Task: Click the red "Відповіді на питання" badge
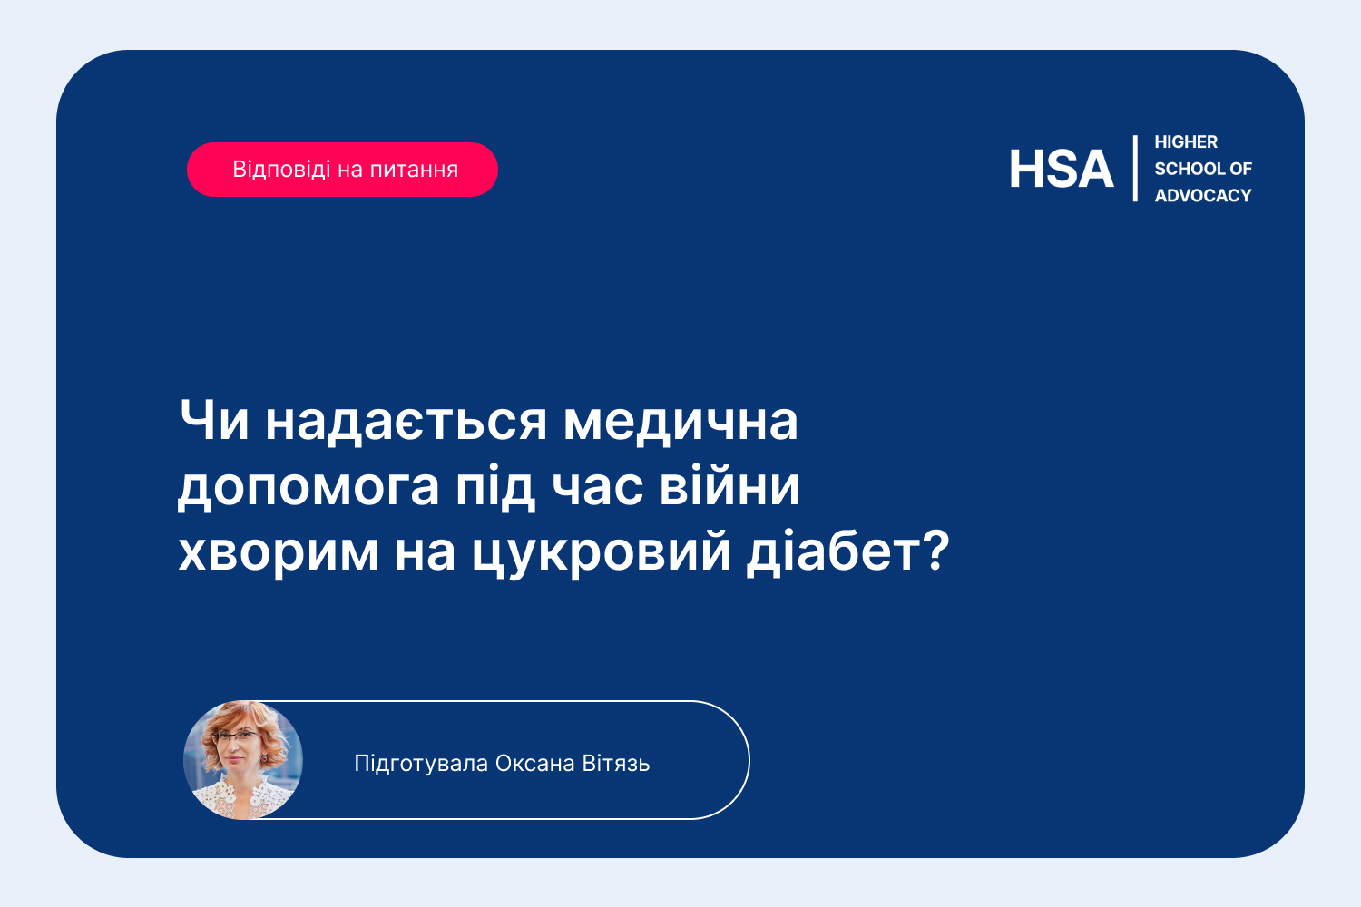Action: pos(342,170)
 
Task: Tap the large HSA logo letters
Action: pos(1061,169)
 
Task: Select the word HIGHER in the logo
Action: pos(1185,142)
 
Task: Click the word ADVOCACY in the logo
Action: pos(1202,196)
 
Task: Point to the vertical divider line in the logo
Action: pos(1135,169)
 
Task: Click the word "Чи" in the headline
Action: pos(214,420)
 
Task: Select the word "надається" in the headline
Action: pos(406,424)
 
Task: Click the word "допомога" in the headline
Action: pos(308,488)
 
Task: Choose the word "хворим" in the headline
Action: pos(279,555)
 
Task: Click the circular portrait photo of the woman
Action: pos(243,760)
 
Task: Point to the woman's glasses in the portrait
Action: pos(237,737)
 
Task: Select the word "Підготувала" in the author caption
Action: pos(421,764)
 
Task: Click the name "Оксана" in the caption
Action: pos(534,764)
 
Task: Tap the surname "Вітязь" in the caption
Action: pos(616,764)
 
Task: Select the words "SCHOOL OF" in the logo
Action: pos(1203,169)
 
